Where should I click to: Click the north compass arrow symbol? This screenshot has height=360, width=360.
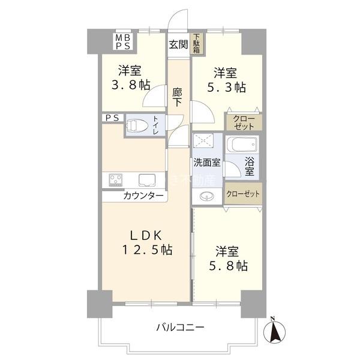coord(272,331)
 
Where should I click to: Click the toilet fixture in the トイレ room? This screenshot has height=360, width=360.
coord(137,126)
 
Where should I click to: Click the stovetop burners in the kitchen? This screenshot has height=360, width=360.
coord(115,179)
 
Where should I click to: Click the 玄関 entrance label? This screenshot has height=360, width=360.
coord(178,44)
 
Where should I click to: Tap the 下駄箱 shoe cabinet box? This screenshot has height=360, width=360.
coord(197,45)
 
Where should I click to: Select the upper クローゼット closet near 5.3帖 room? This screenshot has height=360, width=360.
coord(243,122)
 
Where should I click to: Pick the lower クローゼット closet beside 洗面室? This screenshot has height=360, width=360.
coord(243,194)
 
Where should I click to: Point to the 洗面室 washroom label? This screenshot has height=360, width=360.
coord(206,163)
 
